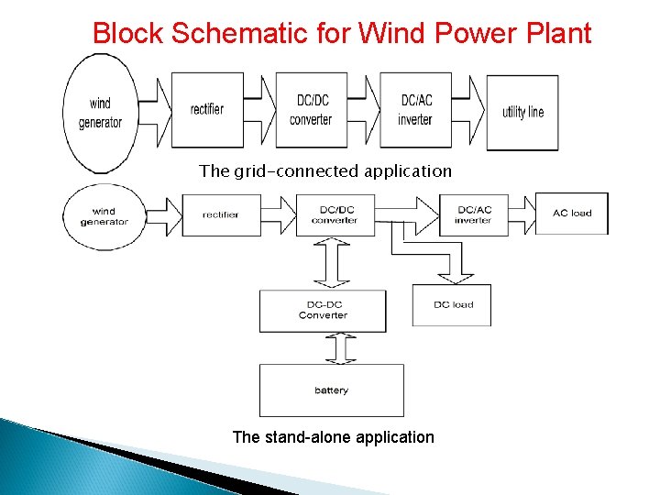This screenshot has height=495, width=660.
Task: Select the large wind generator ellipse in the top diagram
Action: [x=100, y=114]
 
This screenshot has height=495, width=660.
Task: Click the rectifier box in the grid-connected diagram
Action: [x=207, y=110]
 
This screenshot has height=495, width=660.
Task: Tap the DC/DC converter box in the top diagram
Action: [x=311, y=110]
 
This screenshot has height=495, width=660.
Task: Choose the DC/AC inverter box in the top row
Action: [x=415, y=110]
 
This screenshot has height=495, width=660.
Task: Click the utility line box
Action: [x=522, y=112]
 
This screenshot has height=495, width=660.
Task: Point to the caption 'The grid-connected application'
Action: [x=325, y=171]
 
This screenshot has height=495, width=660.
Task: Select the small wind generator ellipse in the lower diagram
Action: [x=104, y=216]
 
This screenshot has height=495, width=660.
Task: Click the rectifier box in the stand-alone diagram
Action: [x=220, y=214]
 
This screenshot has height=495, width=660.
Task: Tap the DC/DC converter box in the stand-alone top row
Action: [x=334, y=214]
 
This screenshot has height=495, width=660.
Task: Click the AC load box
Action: [x=571, y=214]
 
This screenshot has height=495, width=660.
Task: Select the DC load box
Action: [x=452, y=304]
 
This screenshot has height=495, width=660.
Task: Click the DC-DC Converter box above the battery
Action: [x=323, y=311]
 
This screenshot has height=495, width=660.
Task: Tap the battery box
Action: [x=331, y=390]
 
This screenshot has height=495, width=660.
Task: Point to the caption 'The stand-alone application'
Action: [x=333, y=437]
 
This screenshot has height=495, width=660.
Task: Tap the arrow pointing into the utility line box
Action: [x=473, y=110]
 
